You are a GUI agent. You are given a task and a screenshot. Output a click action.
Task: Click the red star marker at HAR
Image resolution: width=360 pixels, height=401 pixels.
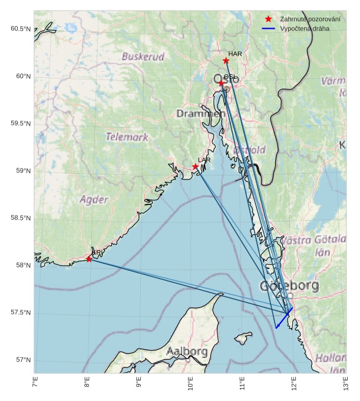click(226, 61)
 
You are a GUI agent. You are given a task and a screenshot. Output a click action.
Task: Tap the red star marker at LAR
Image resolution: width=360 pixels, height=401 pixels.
click(196, 167)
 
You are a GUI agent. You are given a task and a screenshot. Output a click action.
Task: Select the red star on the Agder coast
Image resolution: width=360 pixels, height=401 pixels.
click(89, 259)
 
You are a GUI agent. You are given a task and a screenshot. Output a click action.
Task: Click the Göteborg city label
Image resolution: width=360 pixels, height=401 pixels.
click(289, 287)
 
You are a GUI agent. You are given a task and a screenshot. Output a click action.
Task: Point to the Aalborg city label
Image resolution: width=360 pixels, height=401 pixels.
click(187, 352)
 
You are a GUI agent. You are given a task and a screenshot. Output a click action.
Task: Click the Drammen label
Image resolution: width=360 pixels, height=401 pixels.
click(201, 113)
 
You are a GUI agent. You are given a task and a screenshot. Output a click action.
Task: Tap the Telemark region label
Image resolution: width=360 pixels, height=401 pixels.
click(127, 137)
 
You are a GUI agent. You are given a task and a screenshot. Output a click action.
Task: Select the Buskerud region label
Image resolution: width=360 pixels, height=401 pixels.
click(143, 57)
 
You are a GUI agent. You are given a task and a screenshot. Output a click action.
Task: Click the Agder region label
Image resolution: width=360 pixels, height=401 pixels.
click(94, 200)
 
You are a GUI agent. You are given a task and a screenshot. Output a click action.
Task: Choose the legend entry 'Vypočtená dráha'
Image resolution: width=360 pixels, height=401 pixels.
click(300, 28)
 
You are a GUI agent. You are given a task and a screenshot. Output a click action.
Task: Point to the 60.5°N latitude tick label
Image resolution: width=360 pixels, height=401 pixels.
click(20, 29)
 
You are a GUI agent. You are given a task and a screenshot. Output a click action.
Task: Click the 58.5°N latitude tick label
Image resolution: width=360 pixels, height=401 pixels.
click(20, 218)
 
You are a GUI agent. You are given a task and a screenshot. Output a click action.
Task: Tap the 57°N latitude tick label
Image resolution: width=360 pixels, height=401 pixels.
click(22, 360)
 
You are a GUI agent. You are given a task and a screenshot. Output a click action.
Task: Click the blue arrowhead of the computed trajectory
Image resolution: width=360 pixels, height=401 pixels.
click(276, 327)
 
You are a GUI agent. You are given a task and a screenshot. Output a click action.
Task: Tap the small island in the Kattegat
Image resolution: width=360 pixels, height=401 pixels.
click(241, 339)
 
